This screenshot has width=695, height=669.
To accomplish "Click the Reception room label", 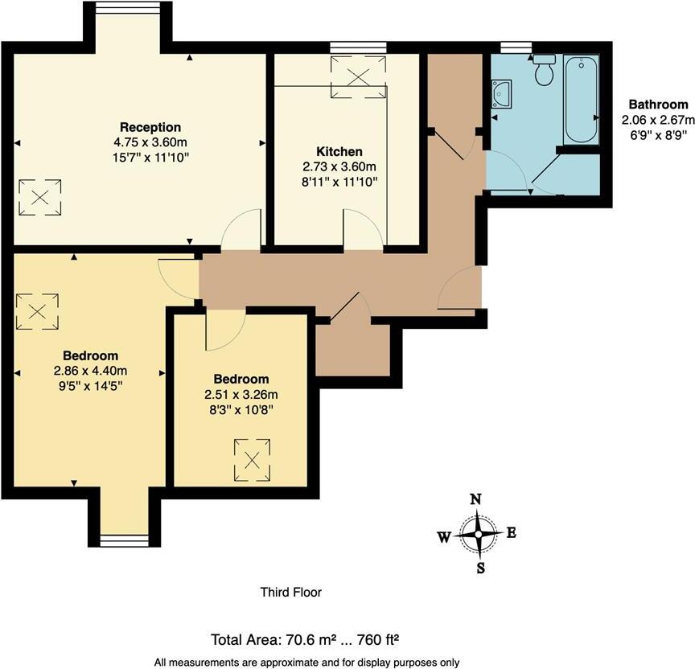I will click(x=150, y=127).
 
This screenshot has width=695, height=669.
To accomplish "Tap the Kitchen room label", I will click(x=339, y=151).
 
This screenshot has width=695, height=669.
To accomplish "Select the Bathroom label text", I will click(x=658, y=105).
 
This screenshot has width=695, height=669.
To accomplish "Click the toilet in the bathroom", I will click(x=545, y=70).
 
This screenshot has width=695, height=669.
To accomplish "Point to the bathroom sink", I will click(x=503, y=93).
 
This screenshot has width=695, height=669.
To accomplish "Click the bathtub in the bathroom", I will click(x=580, y=100).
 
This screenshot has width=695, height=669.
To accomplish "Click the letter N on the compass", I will click(x=475, y=499).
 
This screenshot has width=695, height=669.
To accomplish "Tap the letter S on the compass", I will click(x=480, y=568).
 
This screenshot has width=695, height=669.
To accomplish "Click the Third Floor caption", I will click(x=290, y=593).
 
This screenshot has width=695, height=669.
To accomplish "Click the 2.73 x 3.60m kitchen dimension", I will click(x=339, y=166).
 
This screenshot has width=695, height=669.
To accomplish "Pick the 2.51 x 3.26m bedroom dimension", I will click(x=241, y=395).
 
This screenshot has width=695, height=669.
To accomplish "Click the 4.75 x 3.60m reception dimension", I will click(x=150, y=142).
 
